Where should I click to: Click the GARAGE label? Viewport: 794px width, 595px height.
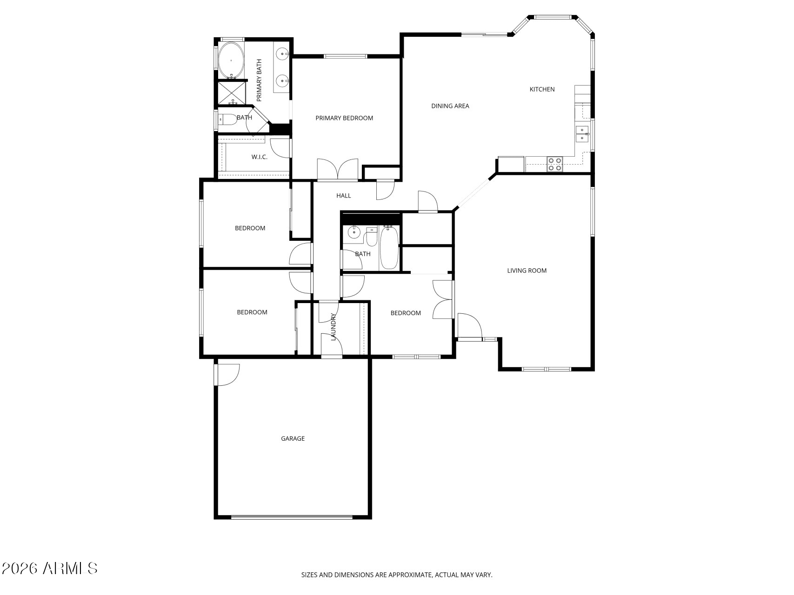click(x=293, y=438)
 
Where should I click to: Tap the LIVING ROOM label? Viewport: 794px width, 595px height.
click(x=527, y=271)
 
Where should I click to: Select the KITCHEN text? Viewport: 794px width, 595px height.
click(x=542, y=89)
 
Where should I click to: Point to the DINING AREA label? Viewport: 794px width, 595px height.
click(x=450, y=106)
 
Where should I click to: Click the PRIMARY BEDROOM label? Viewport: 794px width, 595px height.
click(x=344, y=118)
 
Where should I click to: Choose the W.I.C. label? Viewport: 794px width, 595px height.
click(x=259, y=157)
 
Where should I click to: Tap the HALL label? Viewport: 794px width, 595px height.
click(x=343, y=196)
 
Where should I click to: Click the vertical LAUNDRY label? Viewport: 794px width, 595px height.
click(x=333, y=327)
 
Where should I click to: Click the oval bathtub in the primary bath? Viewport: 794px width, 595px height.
click(x=231, y=60)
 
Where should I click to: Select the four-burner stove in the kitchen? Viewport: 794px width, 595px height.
click(x=554, y=164)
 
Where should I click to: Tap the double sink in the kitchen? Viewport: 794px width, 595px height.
click(x=582, y=134)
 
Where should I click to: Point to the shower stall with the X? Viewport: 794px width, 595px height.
click(x=232, y=93)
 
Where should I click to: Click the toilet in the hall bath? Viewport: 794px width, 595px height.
click(x=371, y=237)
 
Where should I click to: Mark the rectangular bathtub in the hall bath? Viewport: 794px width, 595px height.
click(x=389, y=247)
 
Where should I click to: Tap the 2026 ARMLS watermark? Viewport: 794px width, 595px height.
click(x=50, y=568)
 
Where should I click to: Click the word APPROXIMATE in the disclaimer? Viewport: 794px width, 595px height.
click(x=410, y=575)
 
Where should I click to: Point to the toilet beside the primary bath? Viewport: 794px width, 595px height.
click(x=227, y=119)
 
